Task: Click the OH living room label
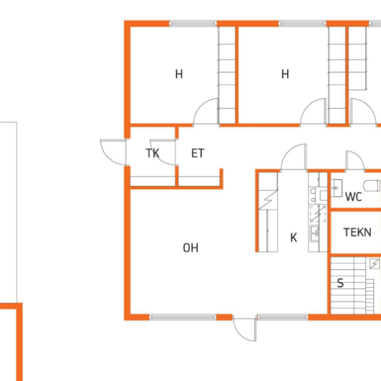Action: (190, 248)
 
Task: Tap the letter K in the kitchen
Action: (293, 237)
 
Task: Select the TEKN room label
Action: (357, 232)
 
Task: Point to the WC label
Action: (354, 197)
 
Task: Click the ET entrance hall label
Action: (197, 153)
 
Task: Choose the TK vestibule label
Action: (152, 153)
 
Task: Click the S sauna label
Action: (340, 283)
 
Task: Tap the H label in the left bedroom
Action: (179, 74)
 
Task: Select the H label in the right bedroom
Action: (285, 74)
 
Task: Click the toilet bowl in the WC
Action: (371, 185)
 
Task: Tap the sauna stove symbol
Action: (375, 264)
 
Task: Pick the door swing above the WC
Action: (355, 160)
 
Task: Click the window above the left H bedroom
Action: (193, 23)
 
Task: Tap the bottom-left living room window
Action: (183, 317)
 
